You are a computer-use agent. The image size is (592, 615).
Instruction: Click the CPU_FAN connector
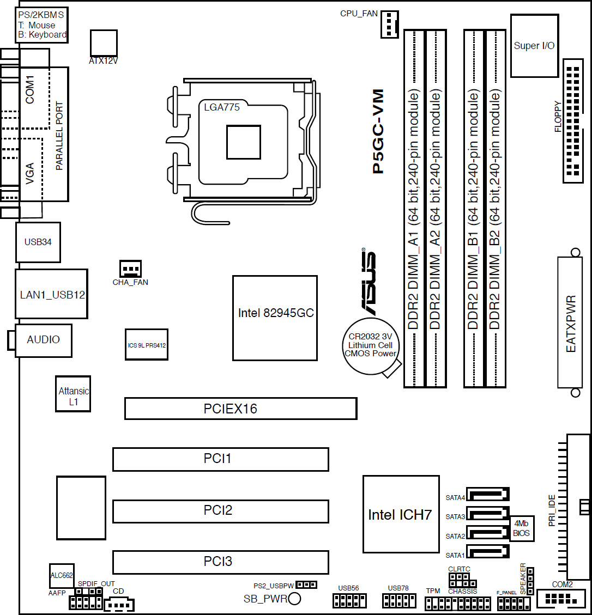coord(389,24)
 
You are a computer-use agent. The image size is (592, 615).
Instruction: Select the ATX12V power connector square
coord(104,42)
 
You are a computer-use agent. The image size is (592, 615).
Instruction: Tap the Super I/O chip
coord(534,46)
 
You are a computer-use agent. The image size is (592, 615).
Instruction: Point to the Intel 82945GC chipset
coord(275,318)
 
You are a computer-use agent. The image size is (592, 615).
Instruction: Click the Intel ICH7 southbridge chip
coord(401,514)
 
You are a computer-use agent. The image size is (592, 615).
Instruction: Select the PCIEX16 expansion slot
coord(240,409)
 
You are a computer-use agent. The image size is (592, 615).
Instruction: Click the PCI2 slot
coord(221,511)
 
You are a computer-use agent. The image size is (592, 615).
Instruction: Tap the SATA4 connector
coord(487,494)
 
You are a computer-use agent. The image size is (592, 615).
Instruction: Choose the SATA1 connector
coord(487,551)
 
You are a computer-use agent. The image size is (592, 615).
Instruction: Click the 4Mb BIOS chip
coord(521,528)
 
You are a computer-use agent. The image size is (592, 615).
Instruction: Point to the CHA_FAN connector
coord(130,269)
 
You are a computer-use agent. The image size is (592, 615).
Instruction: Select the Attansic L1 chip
coord(73,394)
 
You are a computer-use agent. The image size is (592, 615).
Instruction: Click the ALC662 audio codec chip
coord(62,576)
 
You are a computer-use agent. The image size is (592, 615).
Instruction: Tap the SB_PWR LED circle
coord(294,599)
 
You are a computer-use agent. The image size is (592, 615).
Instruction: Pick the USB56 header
coord(349,600)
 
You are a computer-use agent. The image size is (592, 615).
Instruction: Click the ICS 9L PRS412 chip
coord(147,344)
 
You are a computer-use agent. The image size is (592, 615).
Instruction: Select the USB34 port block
coord(38,242)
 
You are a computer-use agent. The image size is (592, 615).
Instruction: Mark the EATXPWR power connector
coord(570,323)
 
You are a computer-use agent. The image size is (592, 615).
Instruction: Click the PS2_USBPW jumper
coord(306,585)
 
